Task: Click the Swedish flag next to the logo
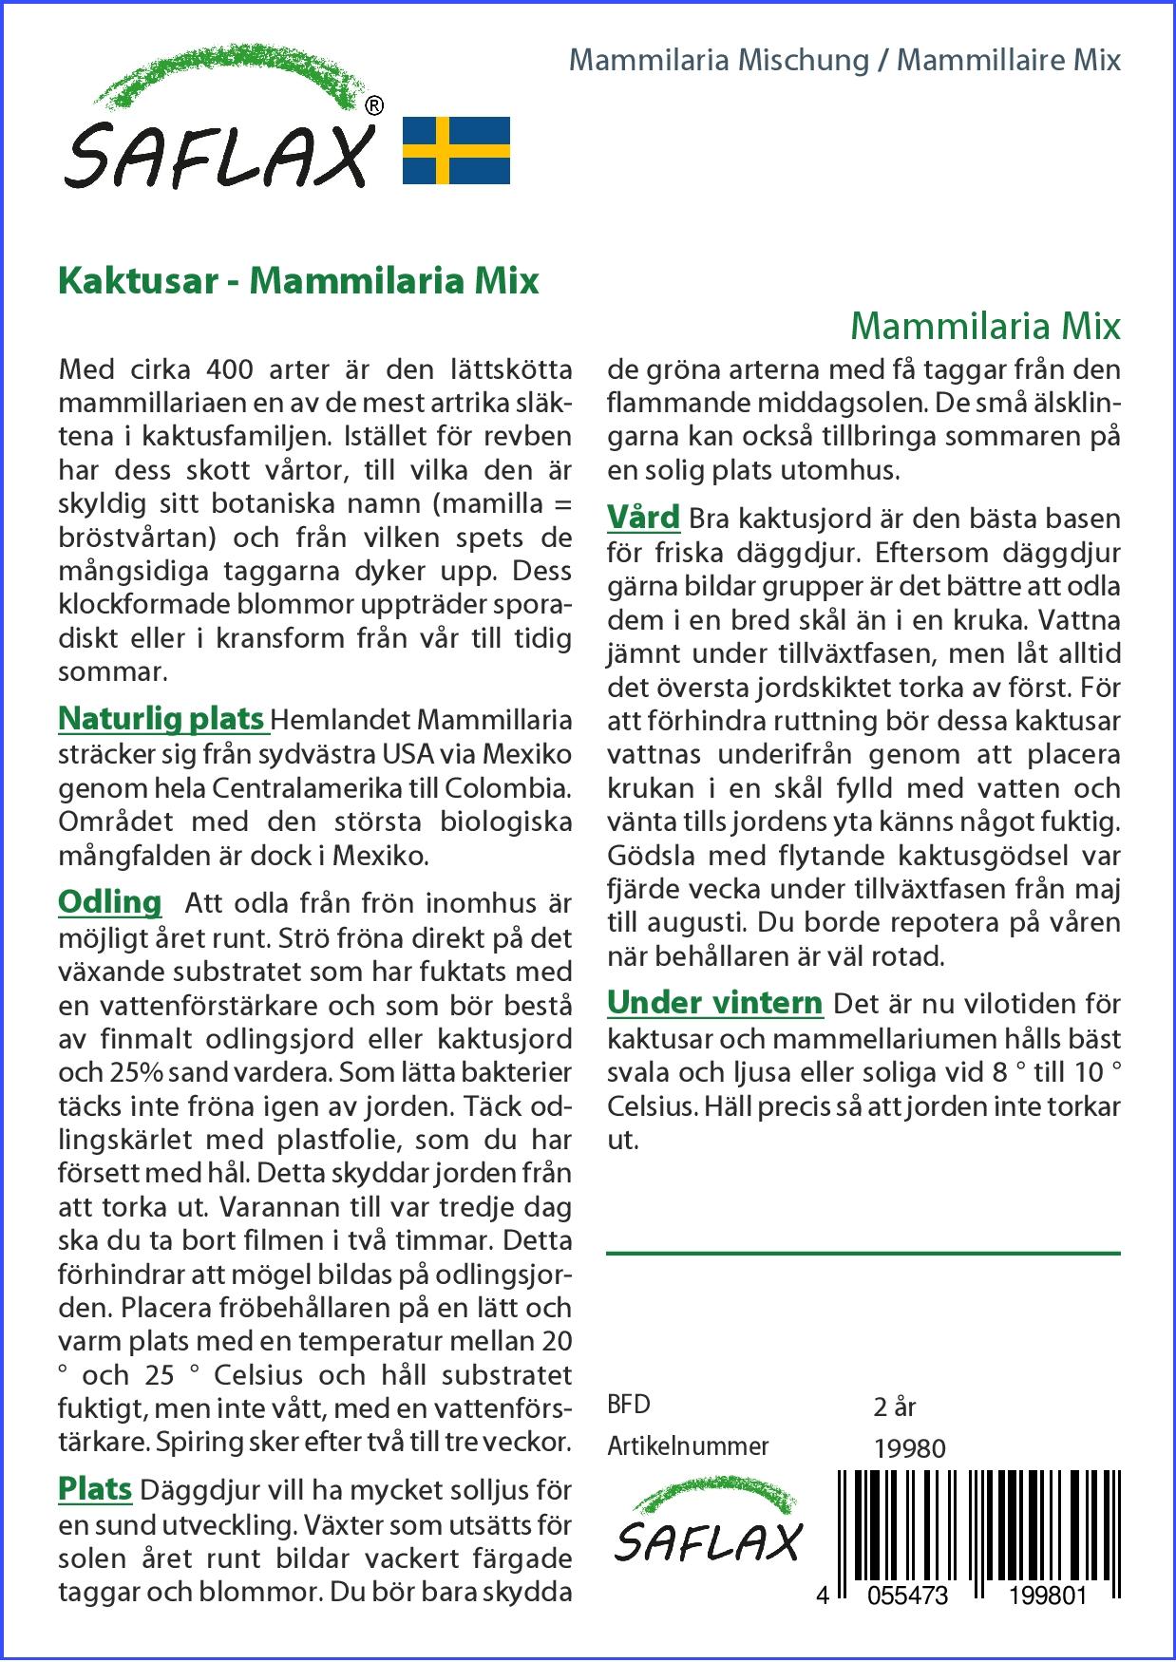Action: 456,150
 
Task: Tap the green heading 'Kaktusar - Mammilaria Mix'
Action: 298,281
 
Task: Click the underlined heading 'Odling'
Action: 109,901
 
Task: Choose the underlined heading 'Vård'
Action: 643,518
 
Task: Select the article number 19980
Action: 909,1447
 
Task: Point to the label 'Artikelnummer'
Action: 688,1446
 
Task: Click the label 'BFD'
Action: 629,1405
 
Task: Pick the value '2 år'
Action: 894,1406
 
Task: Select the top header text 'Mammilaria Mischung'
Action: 719,61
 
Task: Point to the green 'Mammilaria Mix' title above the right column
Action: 985,326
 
